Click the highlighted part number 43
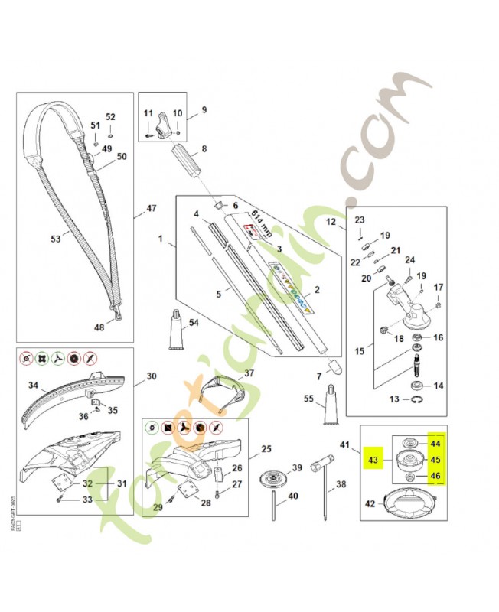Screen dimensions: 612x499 (373, 461)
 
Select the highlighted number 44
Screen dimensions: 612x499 (435, 443)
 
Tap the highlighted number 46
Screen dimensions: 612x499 (435, 476)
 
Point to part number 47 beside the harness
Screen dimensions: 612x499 (151, 208)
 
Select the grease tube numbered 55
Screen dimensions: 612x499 (331, 403)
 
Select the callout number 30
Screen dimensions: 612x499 (151, 376)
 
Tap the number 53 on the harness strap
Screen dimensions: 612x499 (55, 239)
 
